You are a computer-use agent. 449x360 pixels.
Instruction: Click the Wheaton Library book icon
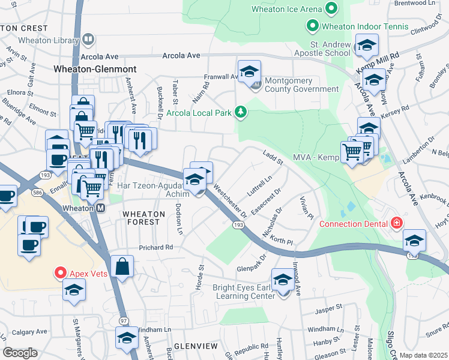(x=88, y=40)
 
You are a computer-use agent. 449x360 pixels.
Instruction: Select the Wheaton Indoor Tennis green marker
(x=312, y=26)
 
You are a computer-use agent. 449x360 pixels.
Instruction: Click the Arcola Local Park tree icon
(x=241, y=111)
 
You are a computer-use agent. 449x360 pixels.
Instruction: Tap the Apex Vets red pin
(x=60, y=272)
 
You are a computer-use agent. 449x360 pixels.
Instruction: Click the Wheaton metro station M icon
(x=101, y=208)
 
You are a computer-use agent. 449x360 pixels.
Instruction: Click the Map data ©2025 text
(x=423, y=355)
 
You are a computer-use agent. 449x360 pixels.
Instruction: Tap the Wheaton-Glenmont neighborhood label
(x=95, y=69)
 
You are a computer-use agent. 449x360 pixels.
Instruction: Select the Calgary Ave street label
(x=29, y=332)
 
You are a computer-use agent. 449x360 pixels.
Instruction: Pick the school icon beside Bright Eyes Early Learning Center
(x=283, y=279)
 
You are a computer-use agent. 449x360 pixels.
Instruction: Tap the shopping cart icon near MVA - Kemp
(x=351, y=151)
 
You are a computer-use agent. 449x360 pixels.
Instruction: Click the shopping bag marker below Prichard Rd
(x=122, y=266)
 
